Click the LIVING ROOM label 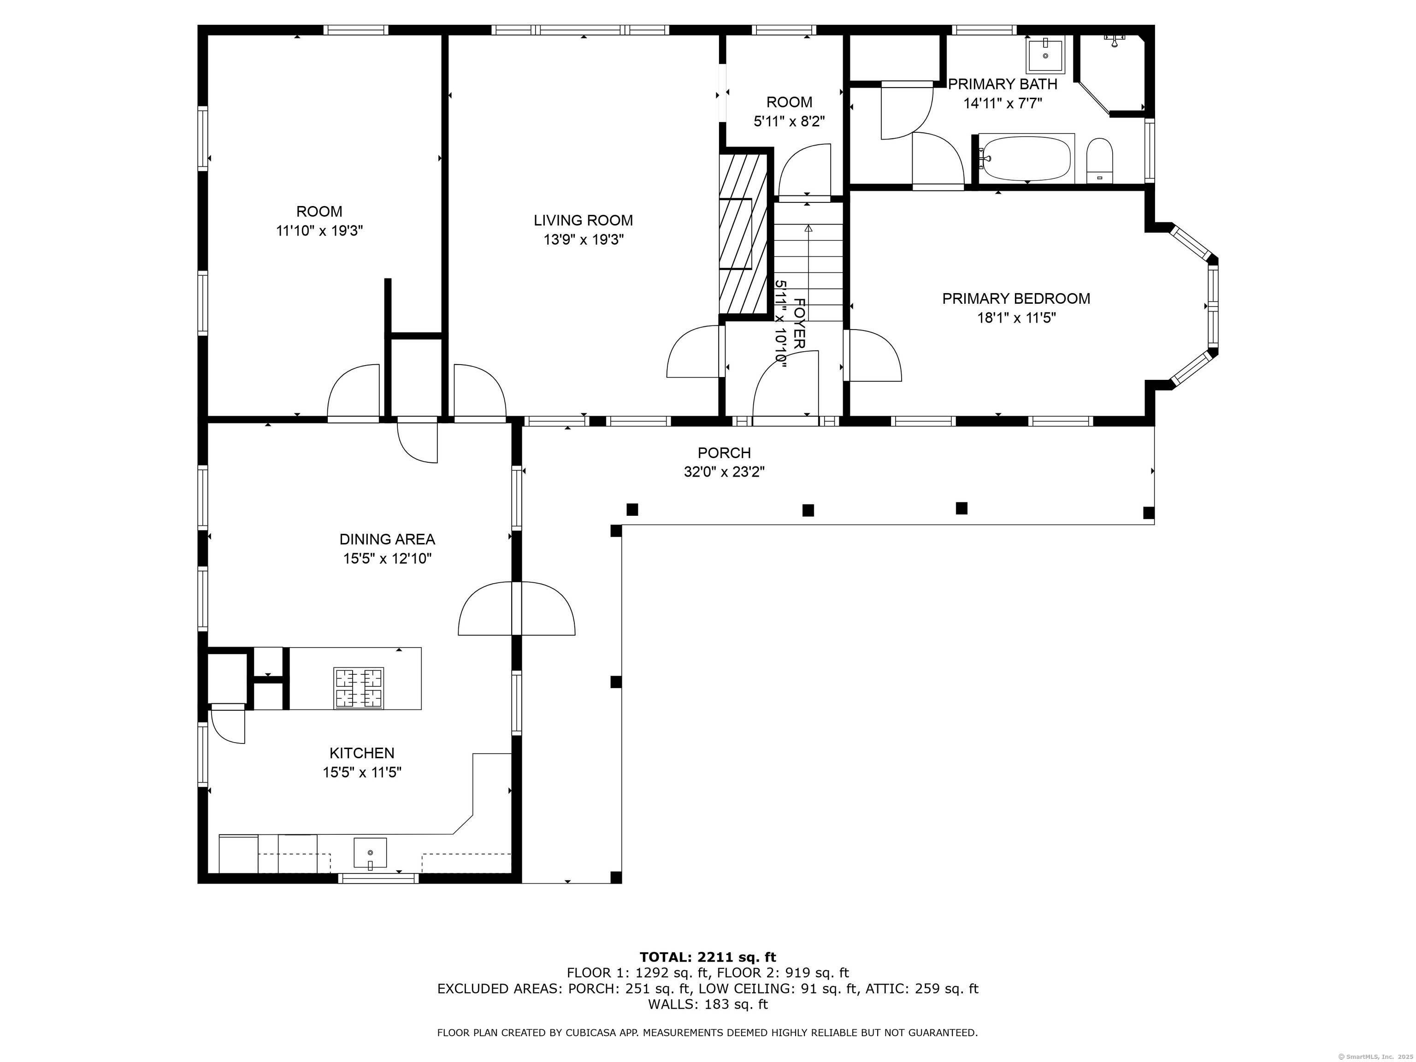[x=583, y=220]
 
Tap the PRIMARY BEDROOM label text [x=1016, y=298]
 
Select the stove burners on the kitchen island [x=359, y=688]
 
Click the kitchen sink [x=370, y=853]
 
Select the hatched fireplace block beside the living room [x=743, y=234]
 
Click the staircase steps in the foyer [x=808, y=262]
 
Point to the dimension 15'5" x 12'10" [x=387, y=559]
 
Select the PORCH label [x=724, y=453]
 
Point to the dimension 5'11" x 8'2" [x=789, y=122]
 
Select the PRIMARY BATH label [x=1003, y=84]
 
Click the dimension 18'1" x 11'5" [x=1016, y=318]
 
